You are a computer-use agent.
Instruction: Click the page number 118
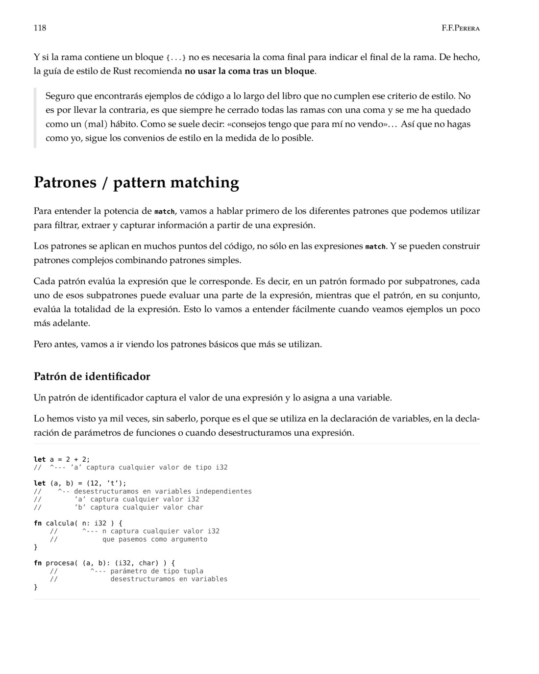[x=40, y=28]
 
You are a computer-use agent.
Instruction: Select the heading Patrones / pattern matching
[x=136, y=182]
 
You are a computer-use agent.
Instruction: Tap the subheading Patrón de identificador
[x=92, y=376]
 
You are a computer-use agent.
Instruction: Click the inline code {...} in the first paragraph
[x=176, y=58]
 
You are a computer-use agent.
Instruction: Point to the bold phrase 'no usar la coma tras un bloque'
[x=249, y=71]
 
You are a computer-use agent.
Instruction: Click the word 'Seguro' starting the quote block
[x=60, y=96]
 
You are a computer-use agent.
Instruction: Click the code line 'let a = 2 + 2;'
[x=62, y=459]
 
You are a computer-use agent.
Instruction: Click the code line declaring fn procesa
[x=104, y=563]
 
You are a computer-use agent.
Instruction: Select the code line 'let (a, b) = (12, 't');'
[x=80, y=483]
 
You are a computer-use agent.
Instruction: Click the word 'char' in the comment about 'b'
[x=195, y=507]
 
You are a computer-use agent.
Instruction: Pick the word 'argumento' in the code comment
[x=189, y=539]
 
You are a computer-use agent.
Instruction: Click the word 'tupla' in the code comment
[x=193, y=571]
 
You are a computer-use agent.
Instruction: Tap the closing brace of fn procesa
[x=35, y=587]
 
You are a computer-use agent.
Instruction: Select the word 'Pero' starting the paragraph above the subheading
[x=43, y=344]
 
